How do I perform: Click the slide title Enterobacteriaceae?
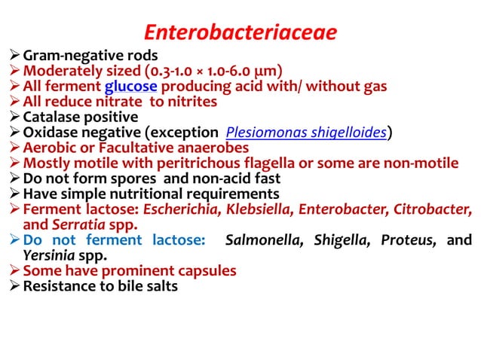[x=240, y=32]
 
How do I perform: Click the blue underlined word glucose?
[x=130, y=86]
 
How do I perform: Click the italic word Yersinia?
[x=50, y=255]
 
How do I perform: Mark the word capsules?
[x=203, y=270]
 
